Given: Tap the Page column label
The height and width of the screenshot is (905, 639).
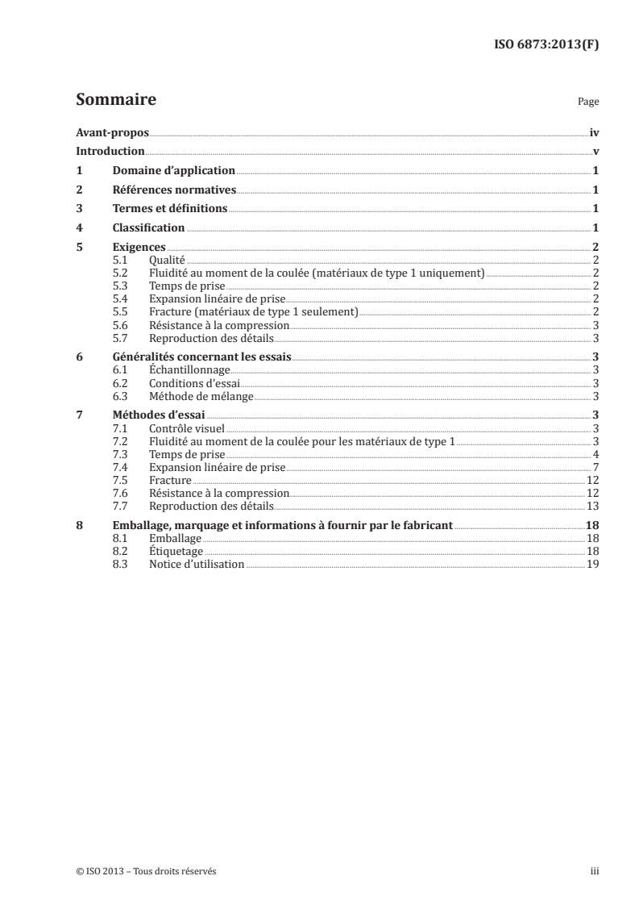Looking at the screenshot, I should (x=587, y=103).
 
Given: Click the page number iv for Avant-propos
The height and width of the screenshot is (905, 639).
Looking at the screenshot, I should (x=594, y=132).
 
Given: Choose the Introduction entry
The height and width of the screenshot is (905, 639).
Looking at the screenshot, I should (x=110, y=151).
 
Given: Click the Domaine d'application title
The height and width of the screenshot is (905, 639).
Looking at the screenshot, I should (x=173, y=170).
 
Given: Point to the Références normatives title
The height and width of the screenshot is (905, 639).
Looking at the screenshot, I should (x=173, y=190).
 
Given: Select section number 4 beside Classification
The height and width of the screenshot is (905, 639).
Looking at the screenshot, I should (x=79, y=227).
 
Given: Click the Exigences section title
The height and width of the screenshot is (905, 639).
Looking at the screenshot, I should (x=139, y=247).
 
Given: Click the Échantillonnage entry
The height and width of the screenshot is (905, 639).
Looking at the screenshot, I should (x=190, y=369).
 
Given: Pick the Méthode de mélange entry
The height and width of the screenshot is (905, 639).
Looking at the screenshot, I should (x=201, y=396).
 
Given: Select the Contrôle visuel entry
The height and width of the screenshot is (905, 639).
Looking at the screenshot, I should (x=186, y=428).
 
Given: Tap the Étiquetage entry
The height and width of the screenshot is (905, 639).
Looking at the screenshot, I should (x=176, y=551).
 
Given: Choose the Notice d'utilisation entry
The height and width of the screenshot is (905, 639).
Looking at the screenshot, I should (x=197, y=564).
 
